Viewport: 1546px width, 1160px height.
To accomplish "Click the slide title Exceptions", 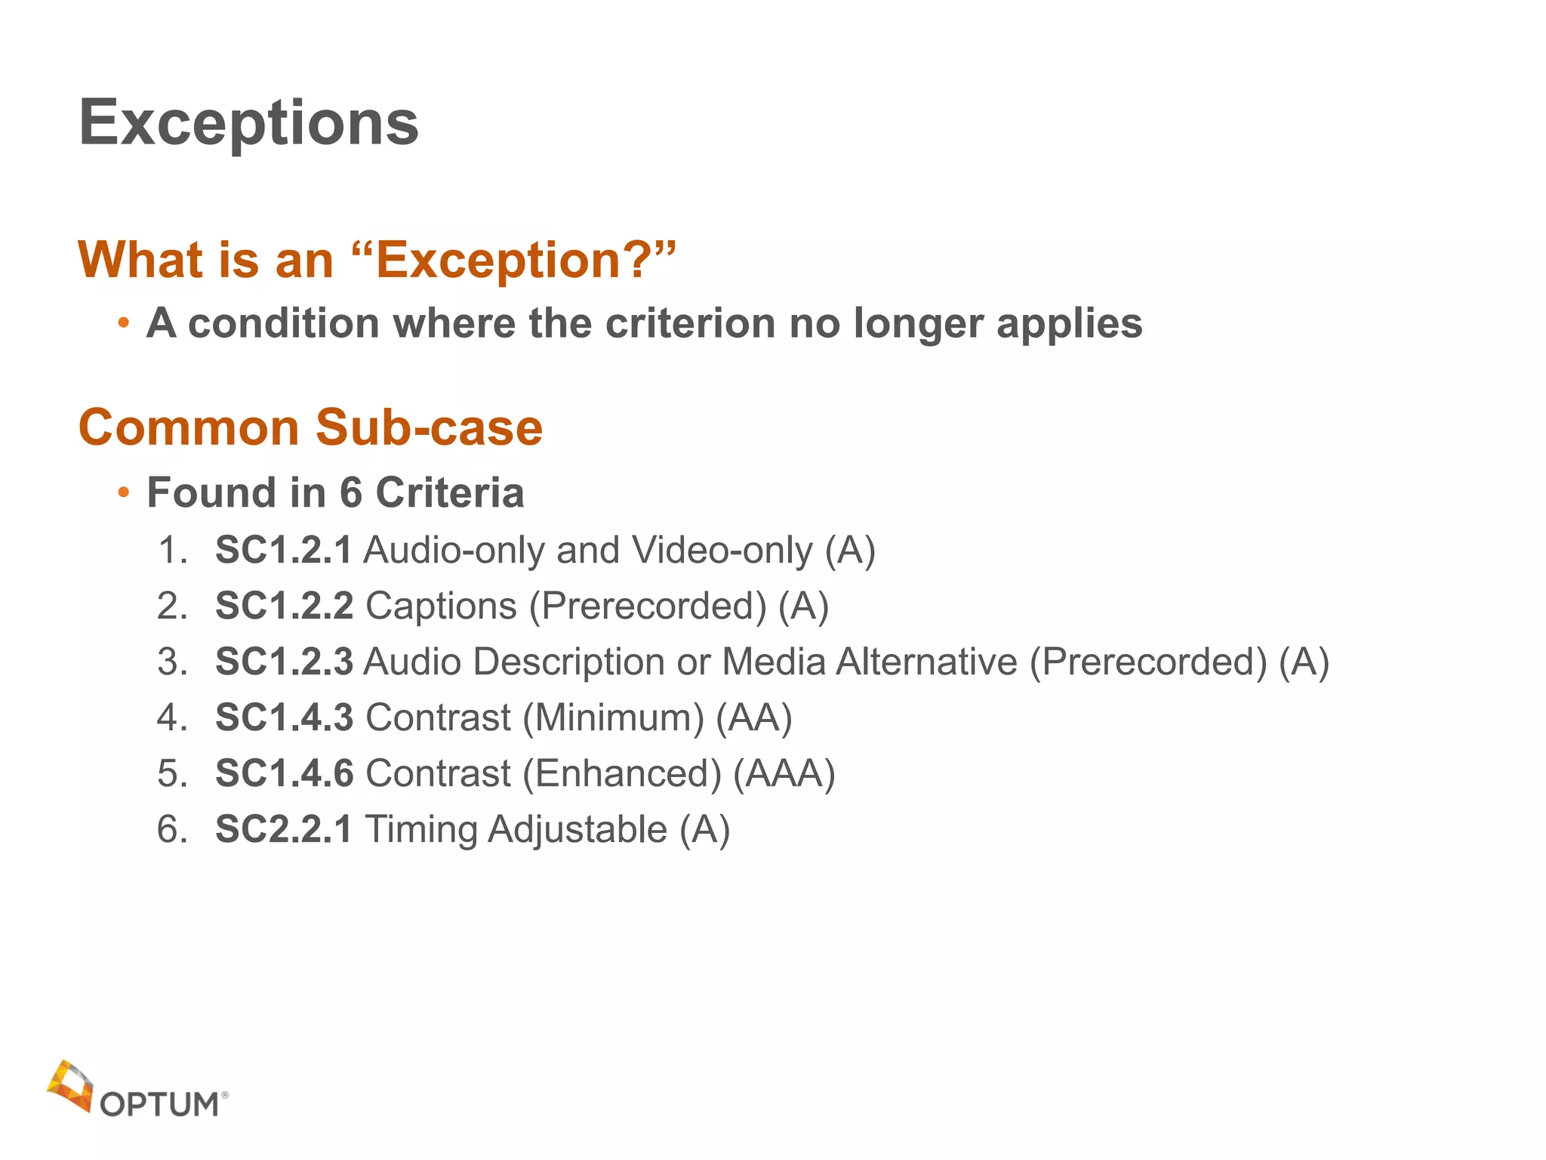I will (x=248, y=123).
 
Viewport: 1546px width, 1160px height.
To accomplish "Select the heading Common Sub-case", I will (x=310, y=427).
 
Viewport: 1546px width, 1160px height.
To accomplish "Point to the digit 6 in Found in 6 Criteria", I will (x=350, y=492).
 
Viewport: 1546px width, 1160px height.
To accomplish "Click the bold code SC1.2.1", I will (x=283, y=550).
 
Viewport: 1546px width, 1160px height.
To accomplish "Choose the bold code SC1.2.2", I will (x=284, y=606).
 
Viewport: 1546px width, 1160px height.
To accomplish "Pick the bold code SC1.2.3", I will (x=284, y=662).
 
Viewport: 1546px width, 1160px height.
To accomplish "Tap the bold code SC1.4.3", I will (x=284, y=717).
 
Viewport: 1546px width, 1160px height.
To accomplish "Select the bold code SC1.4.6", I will (x=284, y=773).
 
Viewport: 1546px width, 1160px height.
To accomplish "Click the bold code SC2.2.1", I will (x=283, y=829).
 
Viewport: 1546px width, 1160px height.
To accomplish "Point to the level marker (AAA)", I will (x=784, y=773).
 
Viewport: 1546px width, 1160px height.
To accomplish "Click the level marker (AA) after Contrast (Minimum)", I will (x=753, y=717).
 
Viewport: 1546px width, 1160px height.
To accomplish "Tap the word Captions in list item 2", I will (x=442, y=606).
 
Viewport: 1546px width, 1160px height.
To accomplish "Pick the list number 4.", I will (x=171, y=717).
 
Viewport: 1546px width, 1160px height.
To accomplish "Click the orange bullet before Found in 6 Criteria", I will (x=123, y=493).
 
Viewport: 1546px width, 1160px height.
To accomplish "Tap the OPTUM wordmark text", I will (x=160, y=1104).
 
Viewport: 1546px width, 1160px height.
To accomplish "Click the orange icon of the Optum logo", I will (x=69, y=1085).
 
